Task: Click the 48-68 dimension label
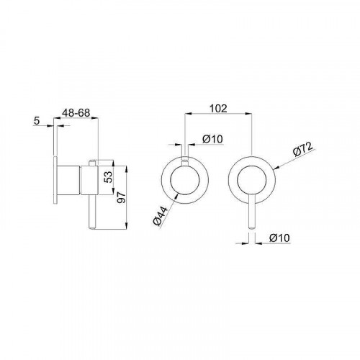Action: click(x=76, y=112)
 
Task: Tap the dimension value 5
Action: click(x=37, y=121)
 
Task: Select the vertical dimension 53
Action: click(x=109, y=177)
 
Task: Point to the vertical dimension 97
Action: click(x=122, y=197)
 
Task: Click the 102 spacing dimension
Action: click(x=218, y=109)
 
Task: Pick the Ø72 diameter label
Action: click(x=303, y=149)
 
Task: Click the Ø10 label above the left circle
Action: click(x=212, y=139)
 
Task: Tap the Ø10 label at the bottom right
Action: click(x=279, y=238)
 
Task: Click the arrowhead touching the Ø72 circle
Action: click(x=276, y=168)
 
